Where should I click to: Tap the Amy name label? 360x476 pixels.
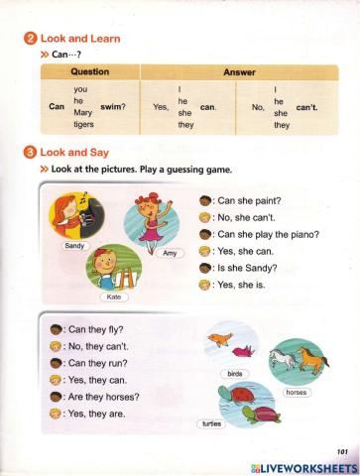point(170,254)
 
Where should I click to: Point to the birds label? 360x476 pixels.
point(235,374)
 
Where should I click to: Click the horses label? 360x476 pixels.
point(297,393)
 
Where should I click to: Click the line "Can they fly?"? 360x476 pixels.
point(95,329)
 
